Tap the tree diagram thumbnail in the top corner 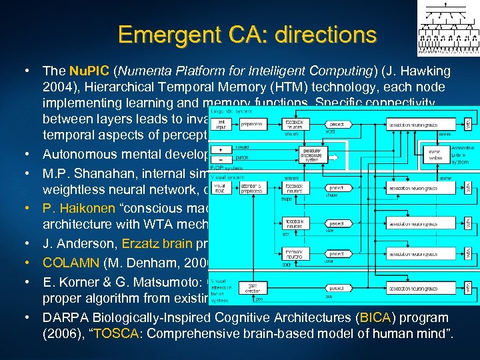click(448, 28)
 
